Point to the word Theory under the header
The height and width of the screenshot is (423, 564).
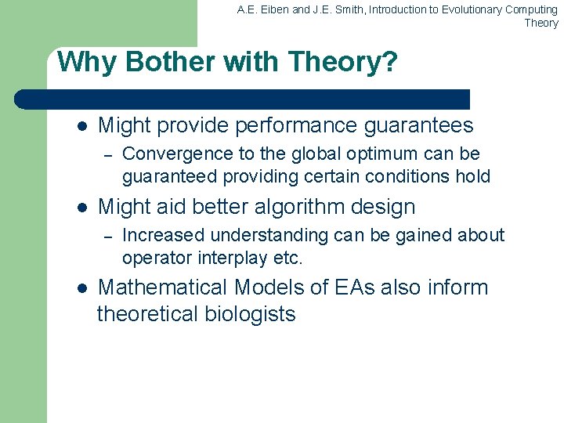click(541, 23)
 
